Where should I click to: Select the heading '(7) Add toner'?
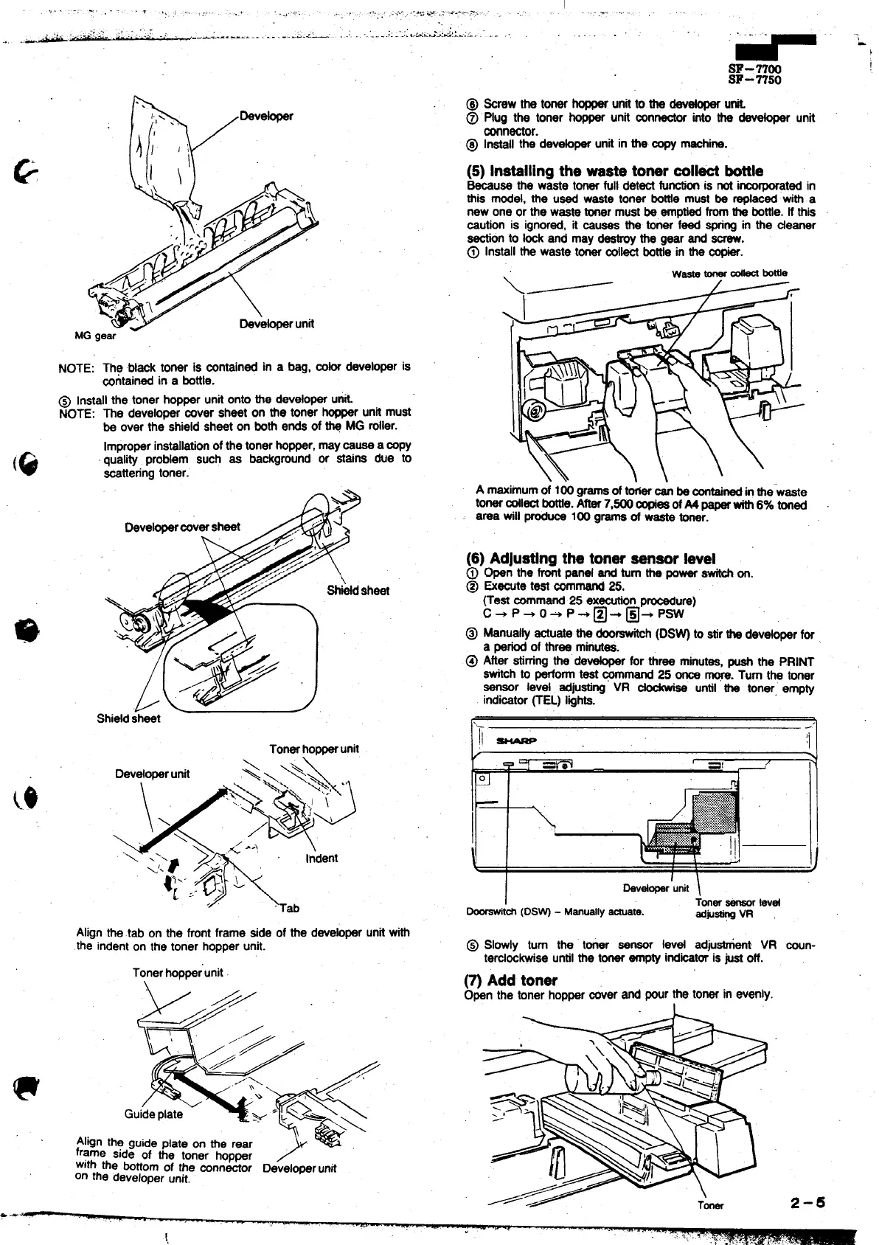pos(510,980)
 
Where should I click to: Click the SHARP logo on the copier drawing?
pos(516,740)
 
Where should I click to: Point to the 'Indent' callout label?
pos(321,858)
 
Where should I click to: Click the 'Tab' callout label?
pos(291,908)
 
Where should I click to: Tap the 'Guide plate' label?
pos(153,1114)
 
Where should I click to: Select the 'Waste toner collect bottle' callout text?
pos(729,273)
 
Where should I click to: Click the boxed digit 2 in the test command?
pos(600,614)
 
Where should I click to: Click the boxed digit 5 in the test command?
pos(632,614)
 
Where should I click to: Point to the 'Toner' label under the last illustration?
pos(710,1205)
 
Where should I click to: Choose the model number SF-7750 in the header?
pos(754,80)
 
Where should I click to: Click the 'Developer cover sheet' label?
pos(183,527)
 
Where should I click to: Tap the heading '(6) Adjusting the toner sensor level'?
pos(591,558)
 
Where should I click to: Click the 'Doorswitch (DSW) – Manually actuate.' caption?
pos(555,911)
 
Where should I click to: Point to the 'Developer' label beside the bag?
pos(266,116)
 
